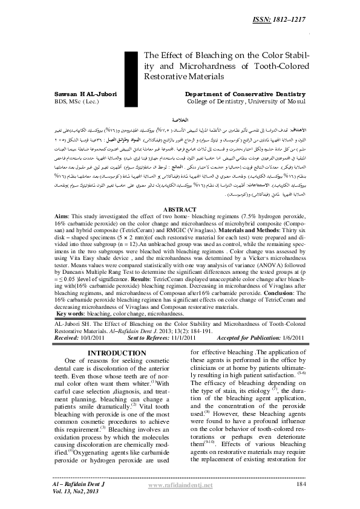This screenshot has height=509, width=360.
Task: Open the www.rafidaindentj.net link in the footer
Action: pos(180,485)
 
